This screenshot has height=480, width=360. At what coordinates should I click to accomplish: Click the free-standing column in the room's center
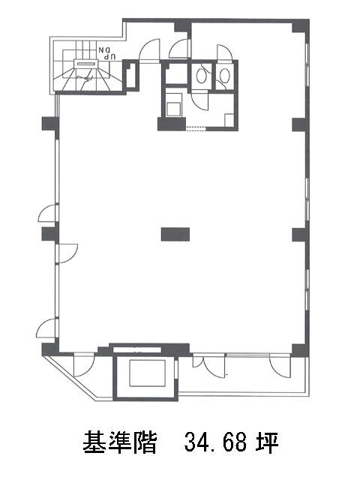tap(175, 234)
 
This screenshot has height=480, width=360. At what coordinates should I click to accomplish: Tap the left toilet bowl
tap(201, 75)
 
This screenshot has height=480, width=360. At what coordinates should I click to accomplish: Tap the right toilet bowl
tap(225, 74)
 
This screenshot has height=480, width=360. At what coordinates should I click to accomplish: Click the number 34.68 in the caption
tap(215, 442)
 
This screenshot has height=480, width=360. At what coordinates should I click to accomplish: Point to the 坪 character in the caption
tap(267, 442)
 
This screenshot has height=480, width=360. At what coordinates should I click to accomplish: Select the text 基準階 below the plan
tap(120, 442)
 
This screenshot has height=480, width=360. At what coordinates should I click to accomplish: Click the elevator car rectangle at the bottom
tap(147, 373)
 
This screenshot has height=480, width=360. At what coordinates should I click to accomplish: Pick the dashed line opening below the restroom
tap(196, 129)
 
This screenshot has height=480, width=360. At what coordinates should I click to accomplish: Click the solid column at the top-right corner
tap(300, 26)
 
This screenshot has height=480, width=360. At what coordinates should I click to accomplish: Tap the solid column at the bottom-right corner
tap(300, 350)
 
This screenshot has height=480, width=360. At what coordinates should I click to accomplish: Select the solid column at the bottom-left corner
tap(50, 349)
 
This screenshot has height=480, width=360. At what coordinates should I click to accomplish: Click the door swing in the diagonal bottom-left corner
tap(84, 366)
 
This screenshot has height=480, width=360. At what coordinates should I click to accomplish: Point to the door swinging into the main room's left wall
tap(68, 253)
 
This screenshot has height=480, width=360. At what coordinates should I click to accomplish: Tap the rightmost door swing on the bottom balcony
tap(280, 366)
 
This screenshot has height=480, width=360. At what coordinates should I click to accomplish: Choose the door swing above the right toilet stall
tap(225, 52)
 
